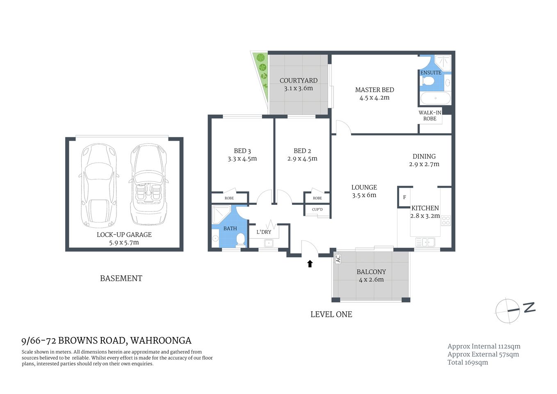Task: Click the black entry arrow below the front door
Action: click(310, 263)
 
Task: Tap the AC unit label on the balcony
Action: click(338, 259)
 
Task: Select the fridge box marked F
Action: click(404, 197)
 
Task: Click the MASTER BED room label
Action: click(374, 90)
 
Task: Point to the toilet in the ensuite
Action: click(428, 81)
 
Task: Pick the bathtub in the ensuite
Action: click(435, 98)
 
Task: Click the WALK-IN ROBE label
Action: click(430, 116)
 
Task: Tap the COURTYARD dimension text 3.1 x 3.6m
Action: click(298, 88)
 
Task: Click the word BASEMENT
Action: click(121, 278)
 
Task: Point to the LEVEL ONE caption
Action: click(331, 314)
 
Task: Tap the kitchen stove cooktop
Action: click(446, 220)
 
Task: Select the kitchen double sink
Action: click(425, 242)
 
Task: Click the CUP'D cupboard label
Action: click(317, 210)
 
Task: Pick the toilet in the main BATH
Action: click(241, 240)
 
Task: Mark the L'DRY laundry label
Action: click(264, 232)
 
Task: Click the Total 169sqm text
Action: click(468, 362)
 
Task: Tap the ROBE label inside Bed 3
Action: click(229, 198)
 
